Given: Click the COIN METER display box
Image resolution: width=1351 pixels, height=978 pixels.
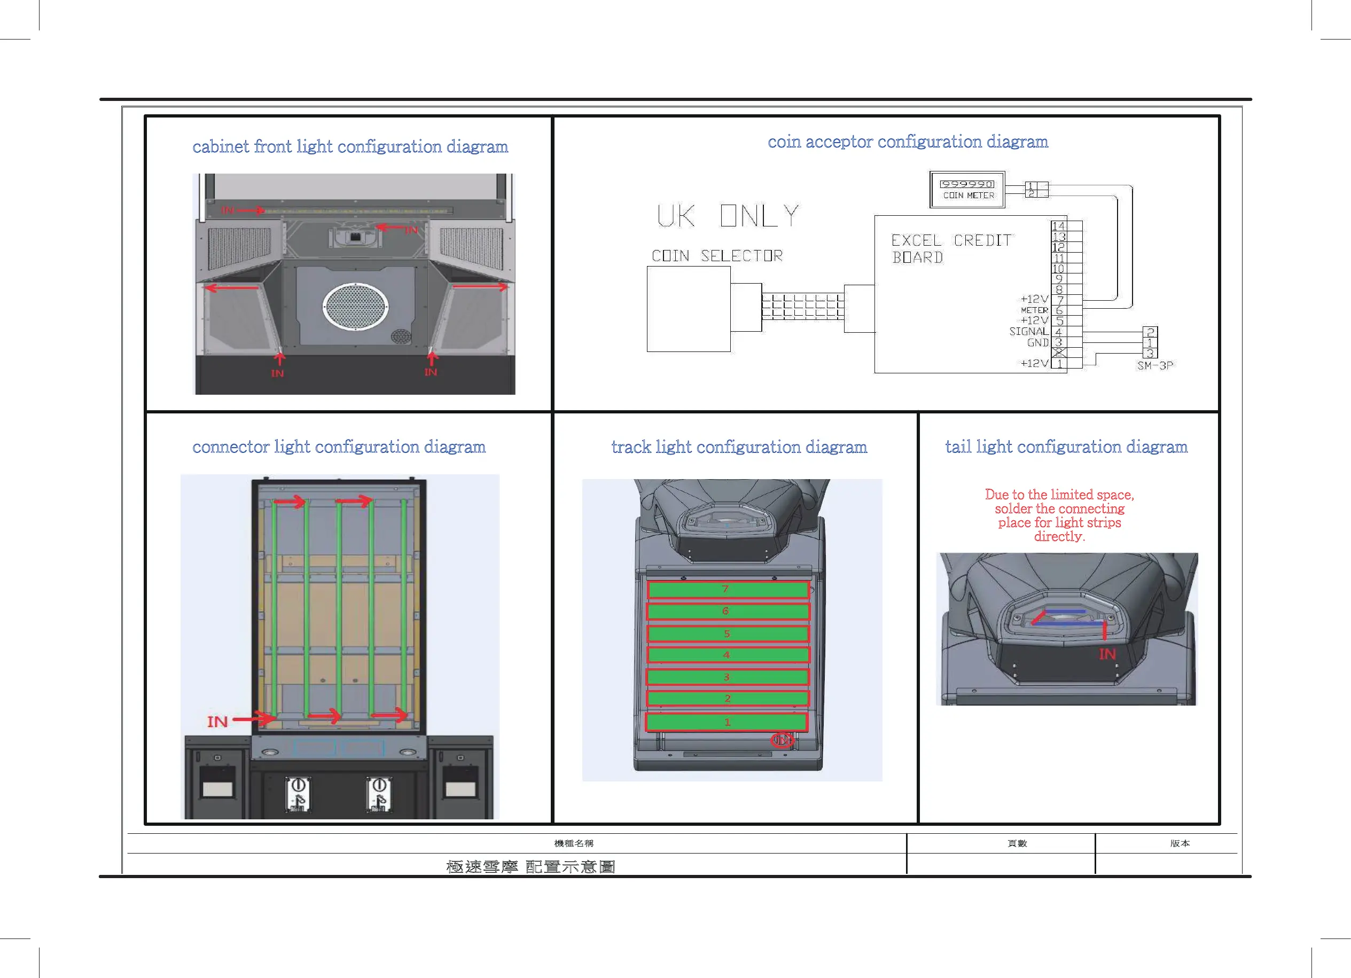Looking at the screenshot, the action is pyautogui.click(x=967, y=190).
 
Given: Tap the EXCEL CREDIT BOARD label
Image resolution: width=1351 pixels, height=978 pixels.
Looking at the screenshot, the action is pyautogui.click(x=951, y=248).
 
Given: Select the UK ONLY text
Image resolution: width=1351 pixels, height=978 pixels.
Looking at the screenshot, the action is pyautogui.click(x=728, y=216).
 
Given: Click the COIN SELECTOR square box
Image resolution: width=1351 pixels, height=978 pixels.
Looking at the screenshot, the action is pyautogui.click(x=689, y=309).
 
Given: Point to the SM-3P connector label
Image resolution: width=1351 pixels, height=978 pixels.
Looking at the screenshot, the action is pyautogui.click(x=1154, y=366).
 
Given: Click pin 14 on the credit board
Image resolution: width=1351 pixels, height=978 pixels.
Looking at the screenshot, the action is pyautogui.click(x=1058, y=226).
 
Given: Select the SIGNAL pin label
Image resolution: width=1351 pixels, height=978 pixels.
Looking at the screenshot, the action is pyautogui.click(x=1028, y=331).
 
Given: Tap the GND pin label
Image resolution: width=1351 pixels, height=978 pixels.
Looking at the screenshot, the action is pyautogui.click(x=1037, y=342).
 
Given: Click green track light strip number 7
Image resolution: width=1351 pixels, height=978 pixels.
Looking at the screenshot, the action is pyautogui.click(x=728, y=590).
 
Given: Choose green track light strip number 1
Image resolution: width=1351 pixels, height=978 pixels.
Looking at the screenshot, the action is pyautogui.click(x=726, y=722).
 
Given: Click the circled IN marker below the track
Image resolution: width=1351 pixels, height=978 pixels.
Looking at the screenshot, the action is pyautogui.click(x=782, y=740).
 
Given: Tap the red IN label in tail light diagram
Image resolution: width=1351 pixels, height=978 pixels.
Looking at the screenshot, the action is pyautogui.click(x=1107, y=654).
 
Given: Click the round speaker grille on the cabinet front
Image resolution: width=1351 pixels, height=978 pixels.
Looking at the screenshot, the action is pyautogui.click(x=356, y=306).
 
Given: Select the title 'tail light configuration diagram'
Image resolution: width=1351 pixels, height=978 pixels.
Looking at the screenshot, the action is pyautogui.click(x=1066, y=447).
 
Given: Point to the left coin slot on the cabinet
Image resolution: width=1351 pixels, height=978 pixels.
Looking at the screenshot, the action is pyautogui.click(x=298, y=794).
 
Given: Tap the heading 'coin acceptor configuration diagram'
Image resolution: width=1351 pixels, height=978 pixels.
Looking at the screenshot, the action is pyautogui.click(x=907, y=142).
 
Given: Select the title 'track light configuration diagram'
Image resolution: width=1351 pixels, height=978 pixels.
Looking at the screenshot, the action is pyautogui.click(x=739, y=447).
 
